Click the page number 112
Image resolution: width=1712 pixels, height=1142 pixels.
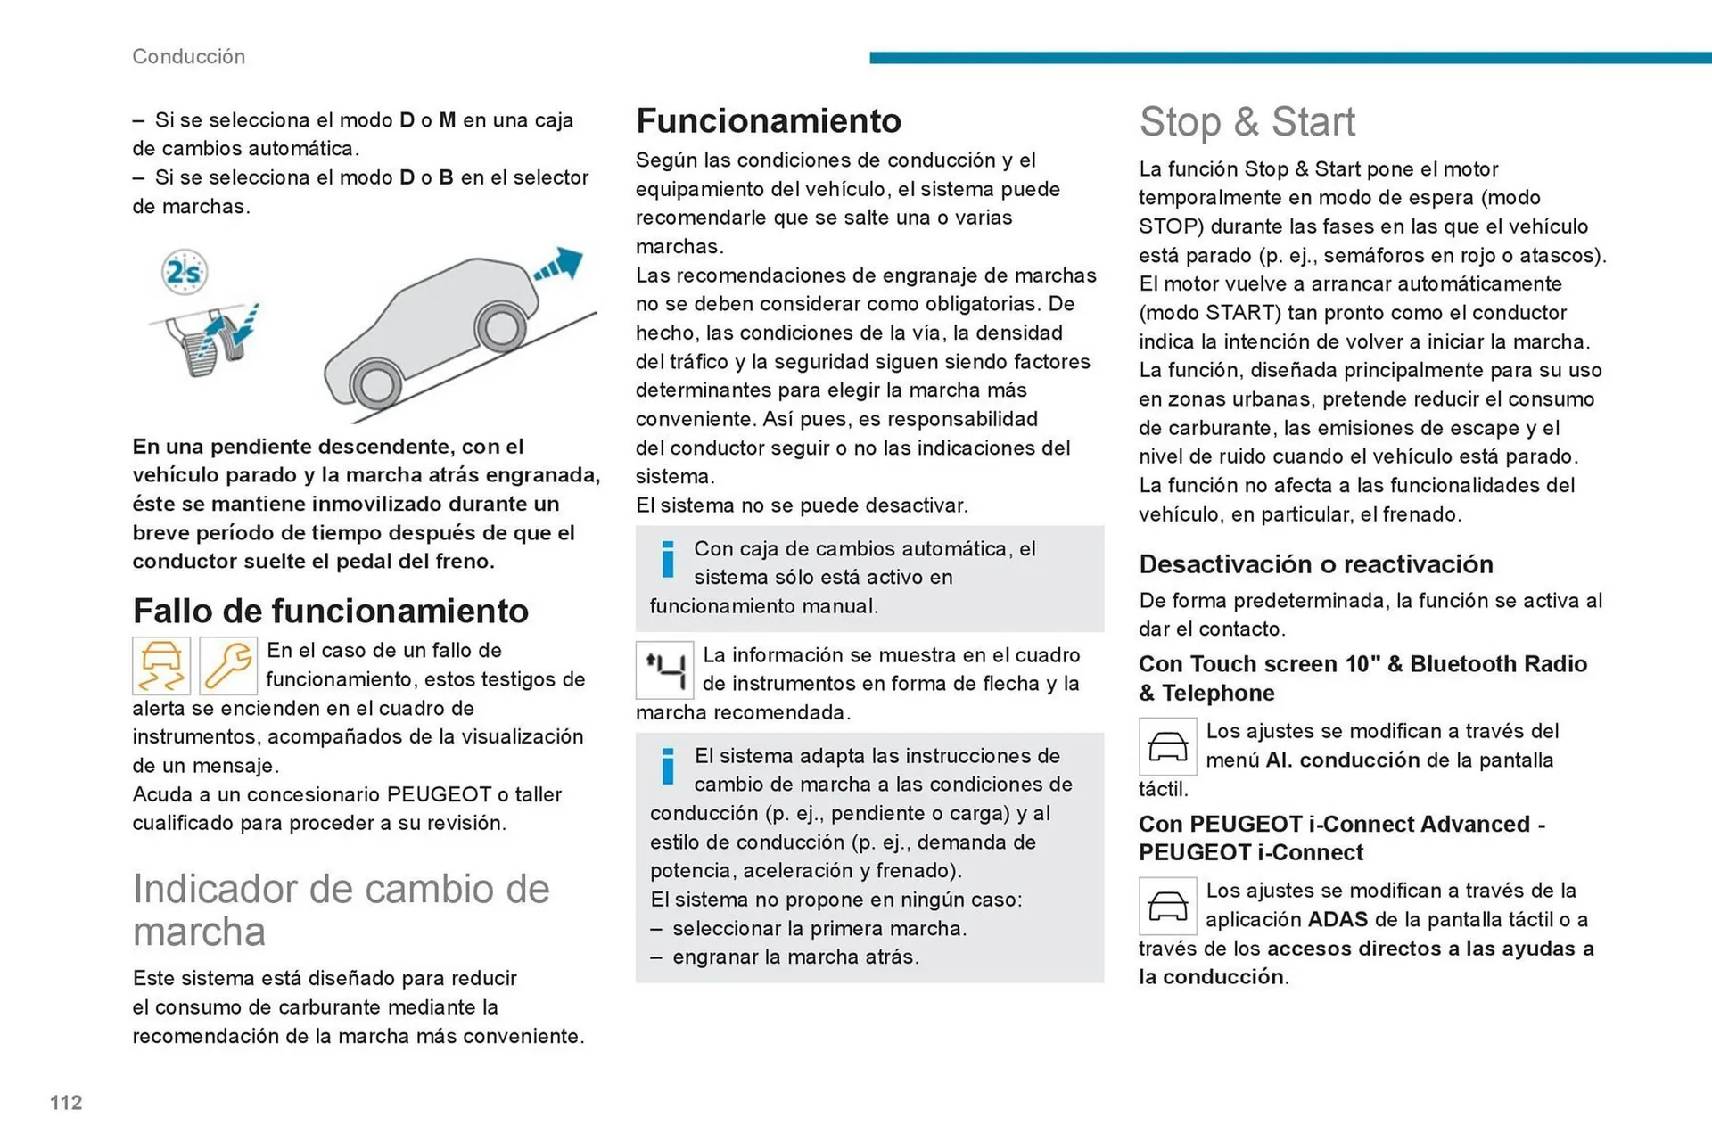(x=66, y=1103)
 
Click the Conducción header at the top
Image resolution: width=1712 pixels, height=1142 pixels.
(x=188, y=56)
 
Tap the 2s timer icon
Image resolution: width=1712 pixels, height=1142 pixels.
(x=185, y=272)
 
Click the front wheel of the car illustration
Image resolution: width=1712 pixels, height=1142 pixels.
(x=500, y=327)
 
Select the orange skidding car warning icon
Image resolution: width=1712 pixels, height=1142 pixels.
(x=161, y=666)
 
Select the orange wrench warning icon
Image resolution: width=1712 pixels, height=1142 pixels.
(x=228, y=666)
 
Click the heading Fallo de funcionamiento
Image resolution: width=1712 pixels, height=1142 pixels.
(x=330, y=611)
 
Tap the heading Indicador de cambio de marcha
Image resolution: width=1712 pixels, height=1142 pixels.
(x=341, y=909)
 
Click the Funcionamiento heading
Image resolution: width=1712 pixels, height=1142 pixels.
(x=768, y=120)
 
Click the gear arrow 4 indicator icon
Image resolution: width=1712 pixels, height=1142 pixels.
(x=664, y=670)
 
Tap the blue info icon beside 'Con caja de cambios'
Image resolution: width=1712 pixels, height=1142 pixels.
(x=667, y=560)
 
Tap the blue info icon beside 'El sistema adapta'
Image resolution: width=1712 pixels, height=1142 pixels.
(x=667, y=767)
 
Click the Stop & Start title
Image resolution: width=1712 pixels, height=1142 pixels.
(x=1247, y=121)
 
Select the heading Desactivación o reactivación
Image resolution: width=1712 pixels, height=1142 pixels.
(x=1315, y=563)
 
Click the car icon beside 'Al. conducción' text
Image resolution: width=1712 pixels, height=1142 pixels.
(x=1167, y=746)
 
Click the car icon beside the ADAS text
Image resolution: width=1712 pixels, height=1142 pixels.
(x=1167, y=906)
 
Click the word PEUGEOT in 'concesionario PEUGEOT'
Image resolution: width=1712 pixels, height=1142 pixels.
(x=439, y=794)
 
